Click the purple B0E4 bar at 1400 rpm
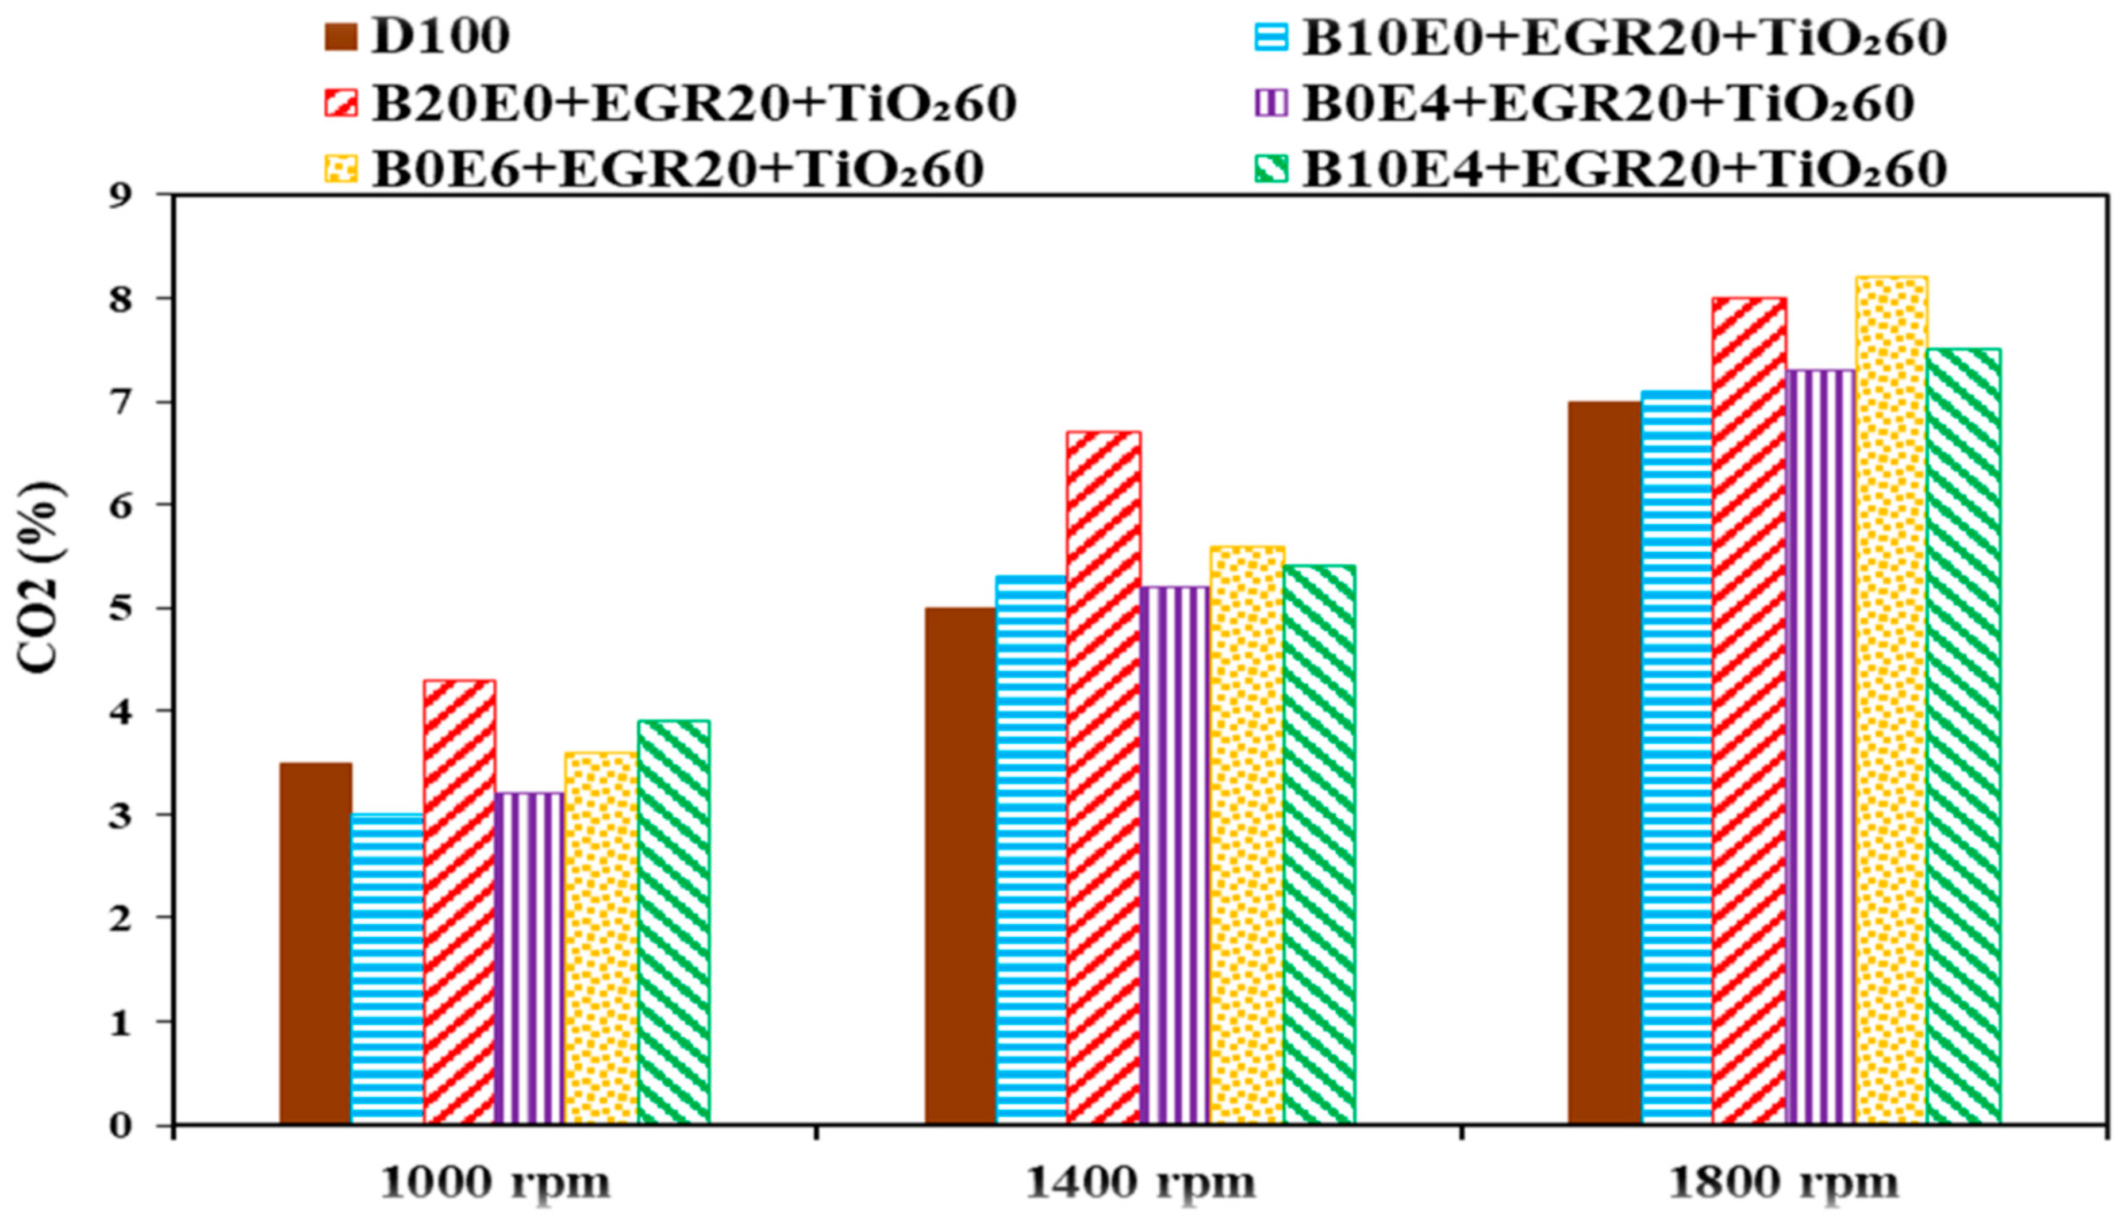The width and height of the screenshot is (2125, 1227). (x=1174, y=855)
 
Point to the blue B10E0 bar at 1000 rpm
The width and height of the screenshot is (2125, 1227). (x=387, y=969)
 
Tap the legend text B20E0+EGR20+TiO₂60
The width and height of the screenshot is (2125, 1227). (x=694, y=103)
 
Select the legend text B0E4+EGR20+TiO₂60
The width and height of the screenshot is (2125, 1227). (x=1608, y=103)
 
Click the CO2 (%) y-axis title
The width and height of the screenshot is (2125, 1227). (x=40, y=577)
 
